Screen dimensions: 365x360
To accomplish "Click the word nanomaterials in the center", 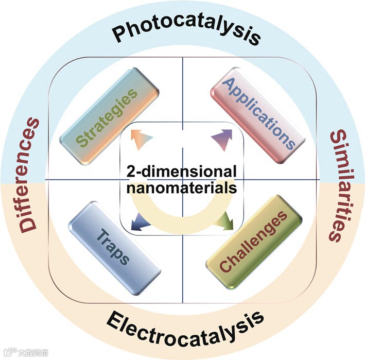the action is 182,187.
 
